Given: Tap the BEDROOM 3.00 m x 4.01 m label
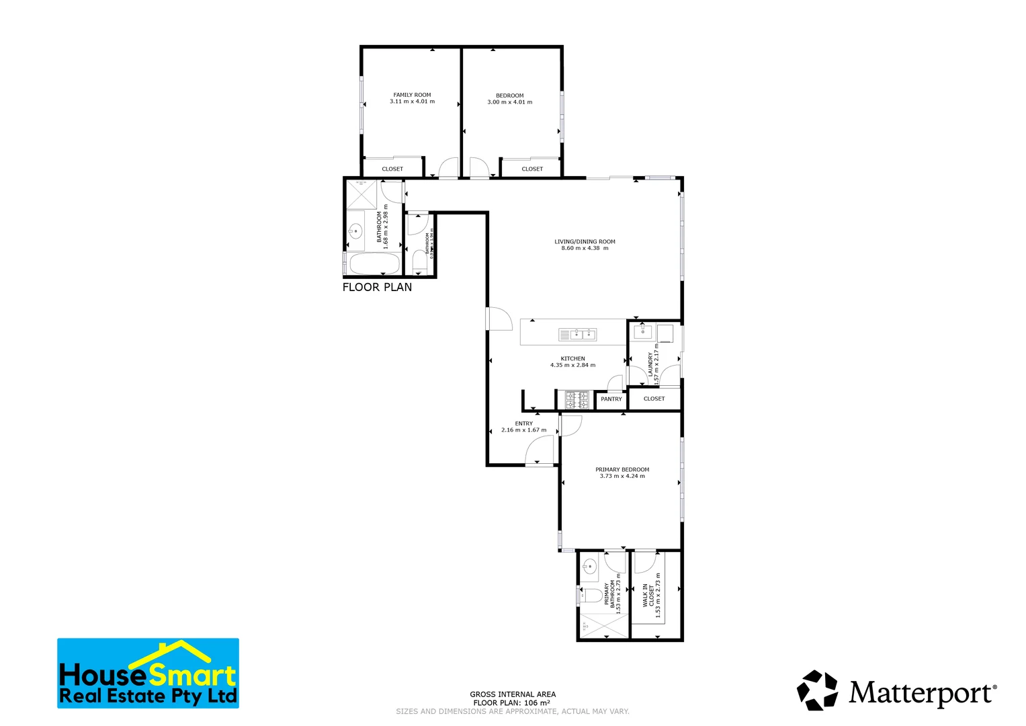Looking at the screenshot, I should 509,99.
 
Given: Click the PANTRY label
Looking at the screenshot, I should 611,399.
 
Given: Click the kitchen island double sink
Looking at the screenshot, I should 577,334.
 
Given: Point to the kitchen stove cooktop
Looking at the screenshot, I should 576,400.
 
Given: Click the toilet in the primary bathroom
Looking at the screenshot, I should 591,596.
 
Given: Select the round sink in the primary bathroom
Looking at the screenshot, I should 589,566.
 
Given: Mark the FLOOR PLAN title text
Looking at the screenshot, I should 377,287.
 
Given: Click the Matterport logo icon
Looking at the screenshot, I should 818,690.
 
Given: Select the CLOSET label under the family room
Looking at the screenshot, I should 392,169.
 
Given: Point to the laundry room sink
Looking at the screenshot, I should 643,331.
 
